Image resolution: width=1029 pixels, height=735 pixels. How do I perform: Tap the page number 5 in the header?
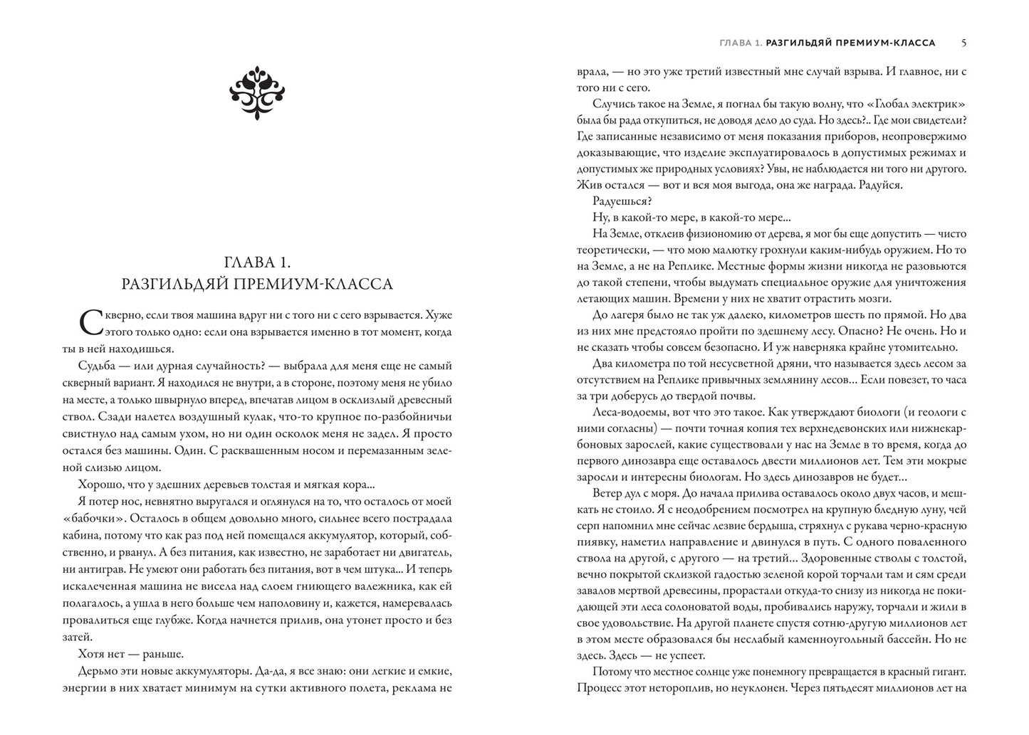(963, 43)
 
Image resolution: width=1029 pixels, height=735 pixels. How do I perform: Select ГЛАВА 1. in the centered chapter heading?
(257, 258)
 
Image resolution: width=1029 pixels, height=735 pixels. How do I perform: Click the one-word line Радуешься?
(617, 201)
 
